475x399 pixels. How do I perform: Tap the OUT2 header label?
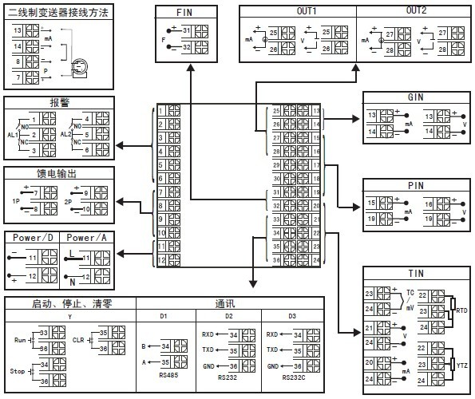[416, 10]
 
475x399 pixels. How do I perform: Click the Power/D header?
[33, 237]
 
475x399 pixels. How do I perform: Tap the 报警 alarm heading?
[59, 103]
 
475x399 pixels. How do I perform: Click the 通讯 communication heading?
[226, 303]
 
